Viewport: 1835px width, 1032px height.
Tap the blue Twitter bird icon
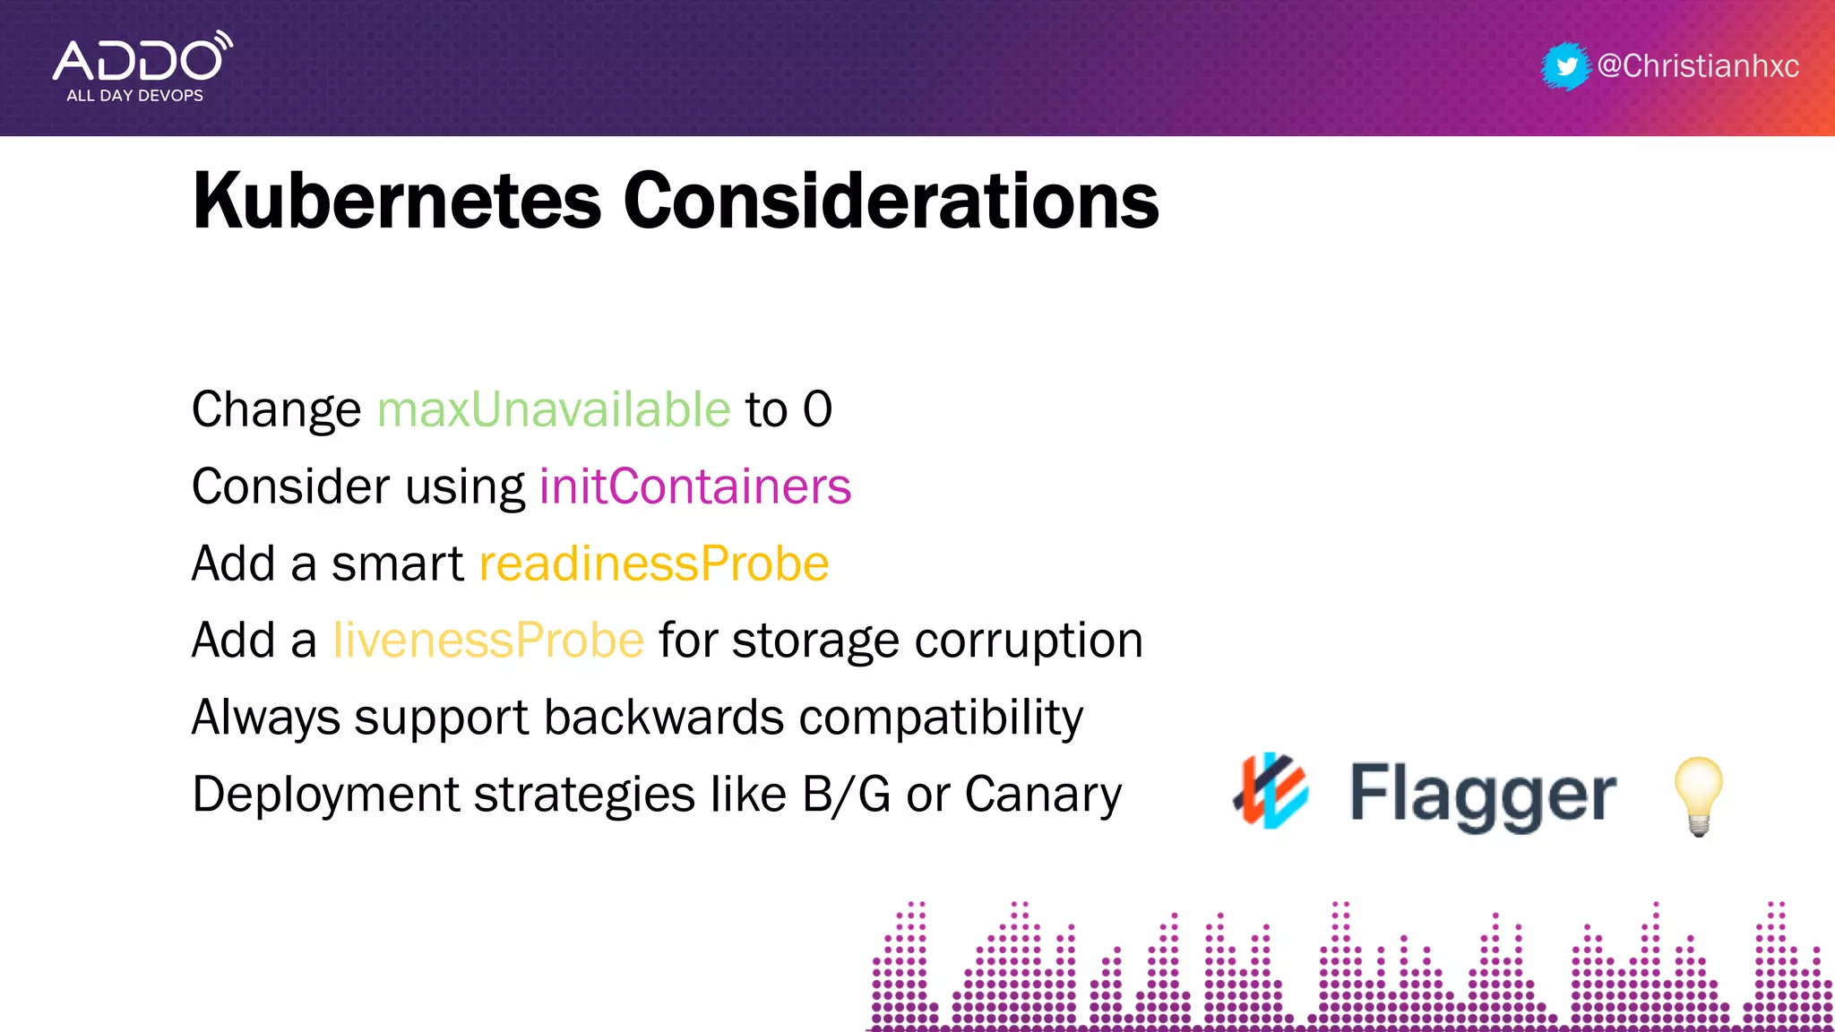(1566, 66)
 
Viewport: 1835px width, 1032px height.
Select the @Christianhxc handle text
(1698, 66)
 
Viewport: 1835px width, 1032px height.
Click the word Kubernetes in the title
(397, 201)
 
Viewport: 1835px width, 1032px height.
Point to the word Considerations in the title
(891, 201)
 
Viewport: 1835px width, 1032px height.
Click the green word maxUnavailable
(554, 410)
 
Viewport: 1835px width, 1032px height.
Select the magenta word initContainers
(695, 486)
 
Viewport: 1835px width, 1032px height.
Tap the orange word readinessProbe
(654, 563)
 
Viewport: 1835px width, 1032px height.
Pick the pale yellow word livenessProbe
(488, 641)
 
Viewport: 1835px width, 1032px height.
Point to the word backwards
(664, 718)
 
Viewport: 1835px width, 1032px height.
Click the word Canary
(1043, 795)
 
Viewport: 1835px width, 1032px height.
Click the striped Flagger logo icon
(1271, 791)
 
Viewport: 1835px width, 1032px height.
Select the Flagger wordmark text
(1483, 794)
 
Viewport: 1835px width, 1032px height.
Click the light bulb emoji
(1698, 795)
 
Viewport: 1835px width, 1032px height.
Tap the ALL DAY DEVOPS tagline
(135, 96)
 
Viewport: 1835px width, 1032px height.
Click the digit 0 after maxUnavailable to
(817, 410)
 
